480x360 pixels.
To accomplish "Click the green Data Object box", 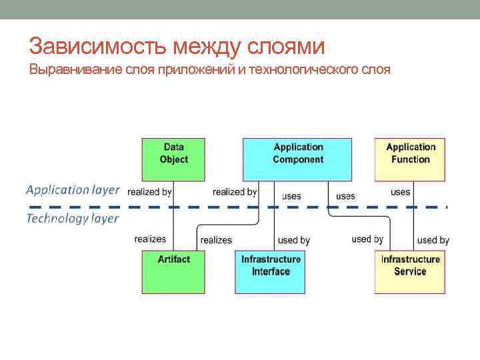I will [173, 159].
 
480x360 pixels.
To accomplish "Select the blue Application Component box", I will [297, 159].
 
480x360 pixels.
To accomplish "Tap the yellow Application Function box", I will [410, 159].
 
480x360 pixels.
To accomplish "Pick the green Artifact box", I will [173, 270].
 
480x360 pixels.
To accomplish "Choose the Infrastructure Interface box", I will [271, 270].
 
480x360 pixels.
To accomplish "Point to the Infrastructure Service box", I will [410, 270].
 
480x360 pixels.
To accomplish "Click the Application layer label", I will [73, 190].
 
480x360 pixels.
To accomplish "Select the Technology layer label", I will [73, 218].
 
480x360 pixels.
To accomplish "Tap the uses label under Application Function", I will [400, 192].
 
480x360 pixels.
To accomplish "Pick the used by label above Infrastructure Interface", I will [294, 240].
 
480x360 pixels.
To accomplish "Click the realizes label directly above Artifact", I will [150, 239].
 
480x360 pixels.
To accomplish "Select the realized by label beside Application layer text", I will [149, 192].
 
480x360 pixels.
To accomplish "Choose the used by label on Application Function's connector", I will [433, 240].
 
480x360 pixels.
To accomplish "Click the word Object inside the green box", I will [173, 159].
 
